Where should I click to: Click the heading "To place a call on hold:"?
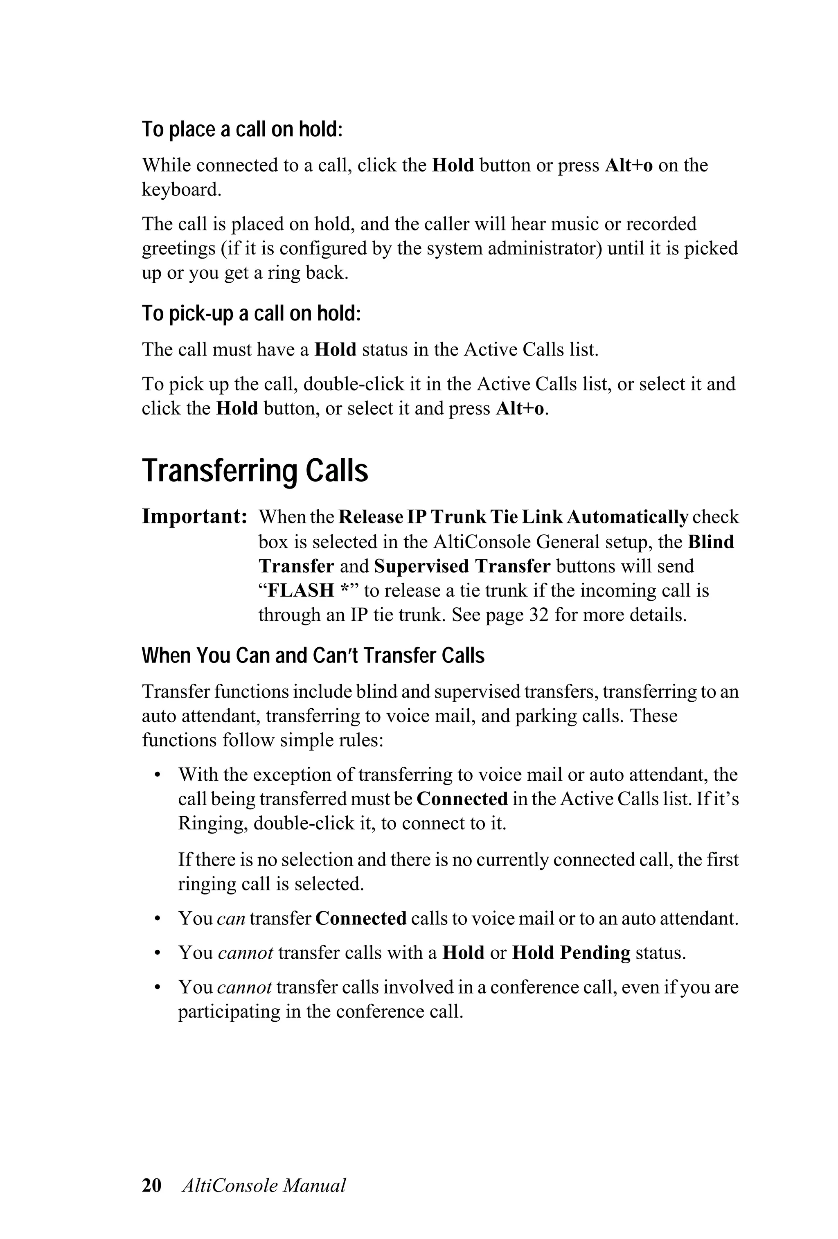click(241, 130)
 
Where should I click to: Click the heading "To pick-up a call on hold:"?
click(251, 313)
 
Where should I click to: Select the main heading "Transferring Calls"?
click(255, 471)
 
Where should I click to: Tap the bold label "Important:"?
click(194, 517)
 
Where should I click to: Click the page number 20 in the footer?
click(151, 1185)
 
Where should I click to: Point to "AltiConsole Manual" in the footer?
click(264, 1185)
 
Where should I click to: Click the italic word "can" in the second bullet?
click(231, 919)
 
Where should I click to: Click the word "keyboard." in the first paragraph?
click(181, 190)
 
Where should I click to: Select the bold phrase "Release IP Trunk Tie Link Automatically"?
click(513, 517)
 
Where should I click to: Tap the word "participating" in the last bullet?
click(229, 1011)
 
